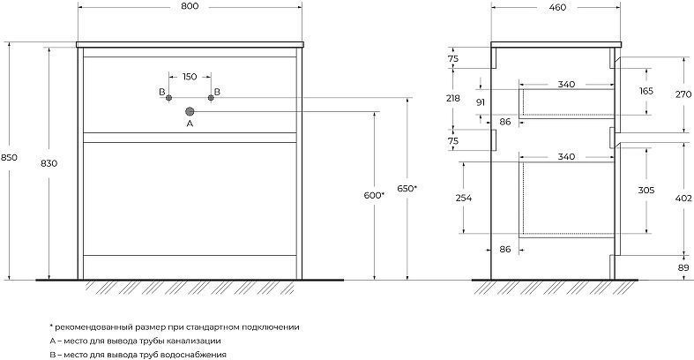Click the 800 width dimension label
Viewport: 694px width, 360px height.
pos(190,6)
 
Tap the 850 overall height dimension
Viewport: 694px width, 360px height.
pos(9,157)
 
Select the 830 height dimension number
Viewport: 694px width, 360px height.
pos(49,163)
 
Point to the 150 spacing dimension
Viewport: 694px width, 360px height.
pos(190,77)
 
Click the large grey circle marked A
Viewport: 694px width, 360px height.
pos(190,111)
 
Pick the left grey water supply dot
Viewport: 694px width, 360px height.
pos(168,98)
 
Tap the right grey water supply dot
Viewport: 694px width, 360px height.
pos(211,98)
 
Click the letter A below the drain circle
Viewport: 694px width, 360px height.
pos(190,124)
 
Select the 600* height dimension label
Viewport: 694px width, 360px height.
pos(374,195)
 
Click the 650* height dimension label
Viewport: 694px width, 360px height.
pos(407,188)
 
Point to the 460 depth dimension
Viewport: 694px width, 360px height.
pos(557,7)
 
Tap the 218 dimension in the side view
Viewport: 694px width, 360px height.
pos(452,98)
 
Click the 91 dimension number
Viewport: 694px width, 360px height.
pos(481,102)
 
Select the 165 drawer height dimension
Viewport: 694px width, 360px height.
pos(646,91)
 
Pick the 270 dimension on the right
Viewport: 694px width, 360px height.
pos(683,94)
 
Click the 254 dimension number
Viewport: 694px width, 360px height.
pos(464,198)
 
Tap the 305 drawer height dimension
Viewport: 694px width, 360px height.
pos(646,191)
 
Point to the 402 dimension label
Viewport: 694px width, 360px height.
pos(683,199)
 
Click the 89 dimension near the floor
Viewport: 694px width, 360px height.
pos(683,267)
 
